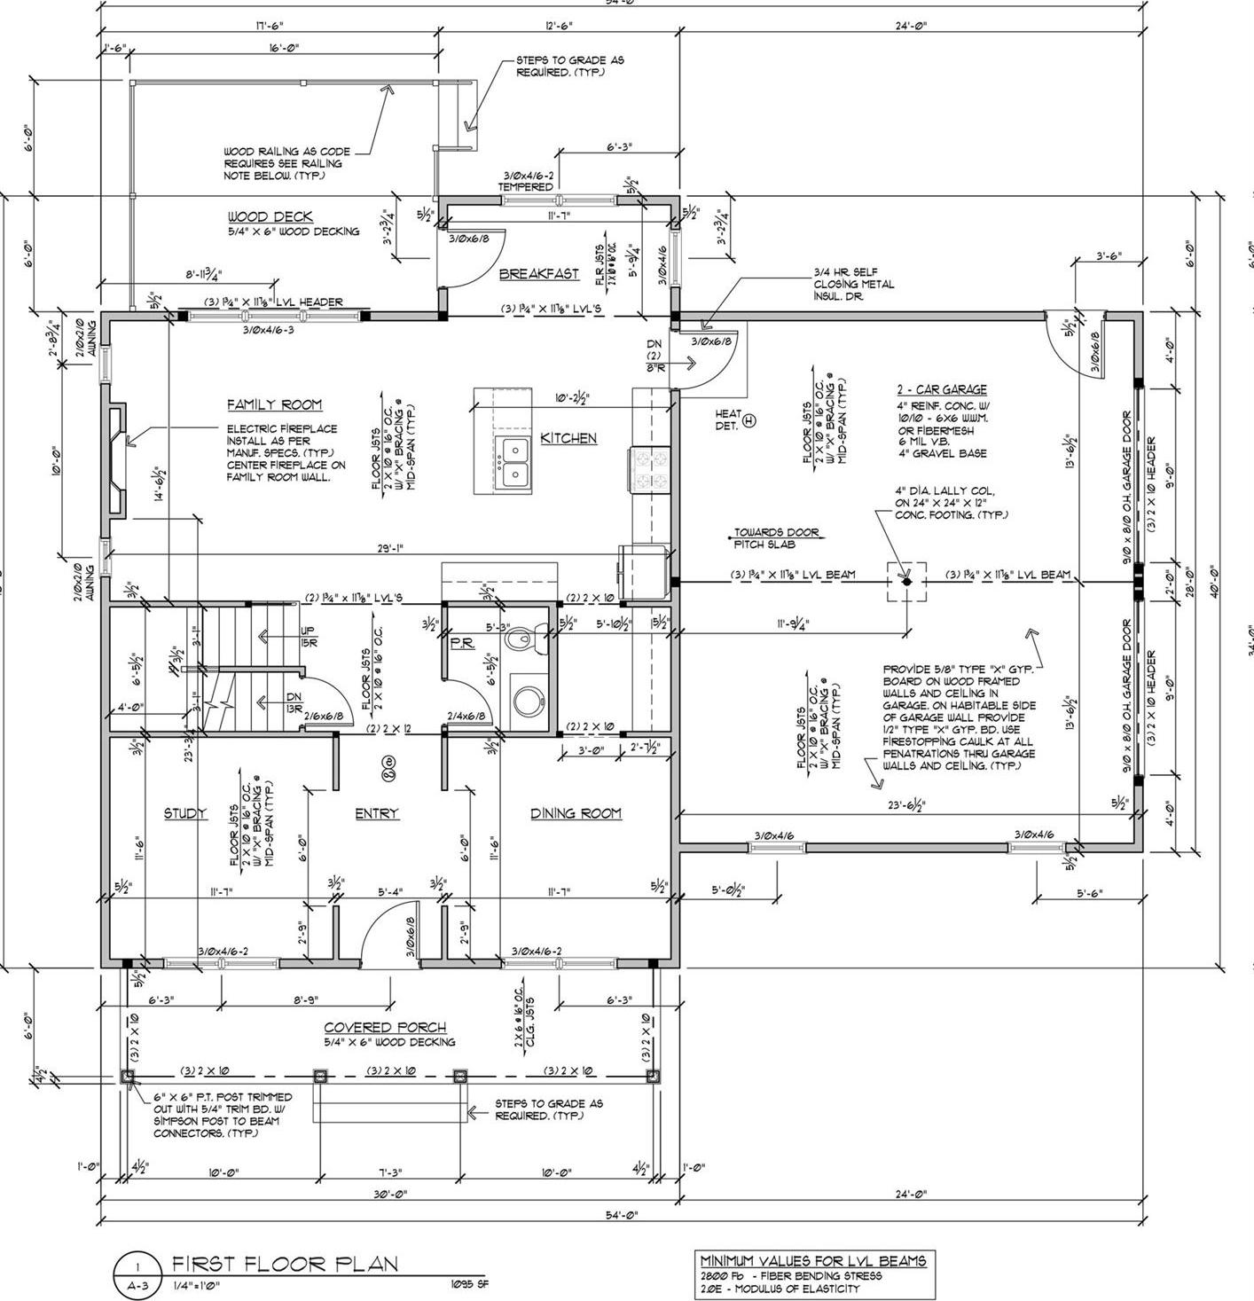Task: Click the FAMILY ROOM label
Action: (x=274, y=405)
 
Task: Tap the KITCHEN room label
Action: (x=568, y=438)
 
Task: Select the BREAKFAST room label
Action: (x=538, y=274)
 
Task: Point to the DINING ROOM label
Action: (x=576, y=813)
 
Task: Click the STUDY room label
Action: (x=185, y=813)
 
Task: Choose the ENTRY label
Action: (x=377, y=813)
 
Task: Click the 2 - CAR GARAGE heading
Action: (x=941, y=389)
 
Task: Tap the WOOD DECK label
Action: (x=270, y=217)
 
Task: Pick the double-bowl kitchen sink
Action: (x=513, y=461)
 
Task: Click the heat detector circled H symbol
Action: (x=748, y=421)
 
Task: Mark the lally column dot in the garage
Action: (x=905, y=582)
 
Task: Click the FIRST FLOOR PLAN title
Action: (x=285, y=1264)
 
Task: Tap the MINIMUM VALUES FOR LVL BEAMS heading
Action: (x=813, y=1260)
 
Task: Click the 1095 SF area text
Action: (x=470, y=1283)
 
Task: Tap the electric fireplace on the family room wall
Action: (x=116, y=461)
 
